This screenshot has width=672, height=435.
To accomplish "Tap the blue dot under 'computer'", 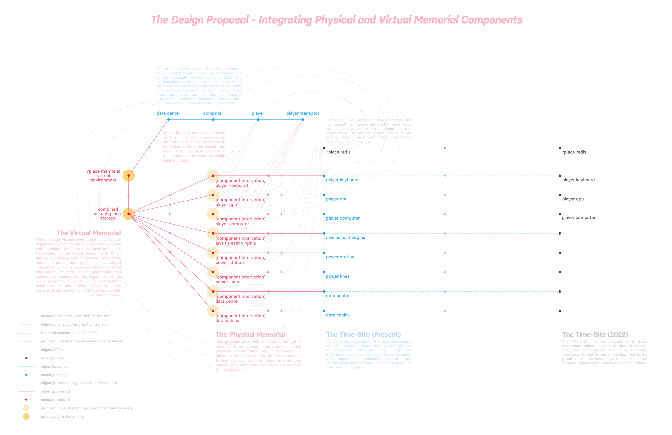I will (x=213, y=120).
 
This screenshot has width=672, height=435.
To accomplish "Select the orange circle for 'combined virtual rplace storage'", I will (x=128, y=214).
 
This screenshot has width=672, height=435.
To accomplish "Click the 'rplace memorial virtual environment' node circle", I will (x=128, y=176).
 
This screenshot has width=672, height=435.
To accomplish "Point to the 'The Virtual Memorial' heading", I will (x=88, y=233).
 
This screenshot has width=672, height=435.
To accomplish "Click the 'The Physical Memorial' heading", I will (x=250, y=335).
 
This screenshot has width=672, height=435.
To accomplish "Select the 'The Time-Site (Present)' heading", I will (x=363, y=335).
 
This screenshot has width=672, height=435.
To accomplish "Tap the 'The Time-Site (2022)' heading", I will (x=595, y=335).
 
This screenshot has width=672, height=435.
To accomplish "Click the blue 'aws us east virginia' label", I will (x=346, y=238).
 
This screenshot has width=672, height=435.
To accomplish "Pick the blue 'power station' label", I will (x=340, y=257).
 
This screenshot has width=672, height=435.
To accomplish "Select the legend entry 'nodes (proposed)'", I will (x=55, y=400).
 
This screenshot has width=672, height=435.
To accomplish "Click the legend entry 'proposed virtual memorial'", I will (x=63, y=416).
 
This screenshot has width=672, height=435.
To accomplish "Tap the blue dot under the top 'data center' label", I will (x=168, y=120).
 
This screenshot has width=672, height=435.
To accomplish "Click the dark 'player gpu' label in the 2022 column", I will (x=573, y=199).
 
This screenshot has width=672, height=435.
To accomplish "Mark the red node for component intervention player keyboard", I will (x=213, y=176).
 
